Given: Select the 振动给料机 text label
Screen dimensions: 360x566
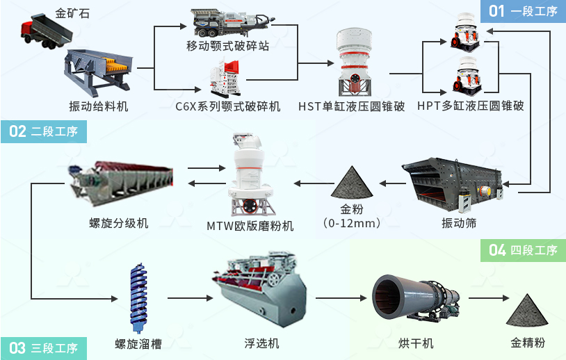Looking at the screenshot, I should (x=99, y=106).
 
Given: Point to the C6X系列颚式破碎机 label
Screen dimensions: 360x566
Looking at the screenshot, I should (x=228, y=106).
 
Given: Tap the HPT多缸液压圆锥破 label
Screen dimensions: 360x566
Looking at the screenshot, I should (x=470, y=106).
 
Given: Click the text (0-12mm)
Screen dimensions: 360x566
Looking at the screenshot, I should (x=353, y=223).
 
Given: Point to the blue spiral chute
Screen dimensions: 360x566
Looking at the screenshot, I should (x=139, y=295).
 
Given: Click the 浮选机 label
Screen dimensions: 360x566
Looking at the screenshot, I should (x=262, y=344).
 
